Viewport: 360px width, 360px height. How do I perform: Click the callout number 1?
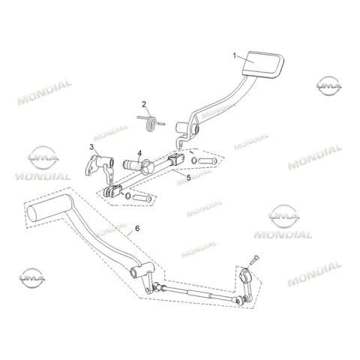[x=234, y=55]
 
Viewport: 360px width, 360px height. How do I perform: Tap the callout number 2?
[x=144, y=104]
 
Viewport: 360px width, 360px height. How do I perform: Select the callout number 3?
[x=91, y=147]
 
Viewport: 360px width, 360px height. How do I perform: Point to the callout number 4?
[x=139, y=153]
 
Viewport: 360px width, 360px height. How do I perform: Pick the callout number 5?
[x=188, y=178]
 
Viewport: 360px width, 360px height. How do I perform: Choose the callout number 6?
[x=137, y=228]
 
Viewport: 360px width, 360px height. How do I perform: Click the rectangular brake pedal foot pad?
[x=262, y=64]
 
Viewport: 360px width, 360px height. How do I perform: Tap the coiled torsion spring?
[x=151, y=122]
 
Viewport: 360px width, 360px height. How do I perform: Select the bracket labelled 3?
[x=100, y=167]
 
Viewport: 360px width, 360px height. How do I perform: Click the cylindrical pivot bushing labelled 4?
[x=138, y=166]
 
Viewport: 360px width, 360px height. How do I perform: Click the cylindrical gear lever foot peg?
[x=49, y=208]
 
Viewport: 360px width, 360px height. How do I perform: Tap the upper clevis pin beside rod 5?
[x=208, y=160]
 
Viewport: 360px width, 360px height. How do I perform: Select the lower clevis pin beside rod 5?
[x=142, y=198]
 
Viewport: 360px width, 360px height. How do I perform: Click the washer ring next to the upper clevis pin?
[x=194, y=160]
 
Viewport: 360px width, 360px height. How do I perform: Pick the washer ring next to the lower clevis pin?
[x=127, y=196]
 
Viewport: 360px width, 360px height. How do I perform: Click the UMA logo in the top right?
[x=329, y=86]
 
